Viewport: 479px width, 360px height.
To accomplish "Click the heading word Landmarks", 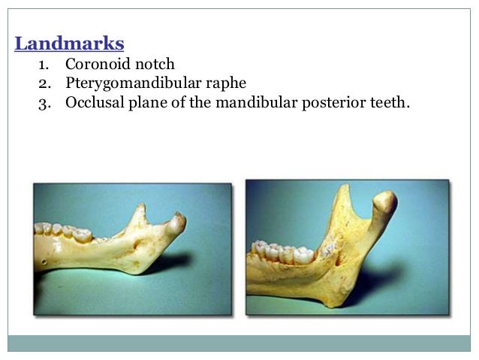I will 69,44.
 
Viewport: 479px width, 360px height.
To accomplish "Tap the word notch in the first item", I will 153,65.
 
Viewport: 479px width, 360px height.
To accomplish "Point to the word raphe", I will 225,83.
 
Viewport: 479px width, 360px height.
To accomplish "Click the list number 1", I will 44,65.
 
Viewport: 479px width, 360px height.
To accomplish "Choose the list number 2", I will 44,83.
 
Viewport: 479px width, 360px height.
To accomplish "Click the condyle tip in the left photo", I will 178,220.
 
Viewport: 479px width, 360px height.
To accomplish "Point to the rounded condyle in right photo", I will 384,202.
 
